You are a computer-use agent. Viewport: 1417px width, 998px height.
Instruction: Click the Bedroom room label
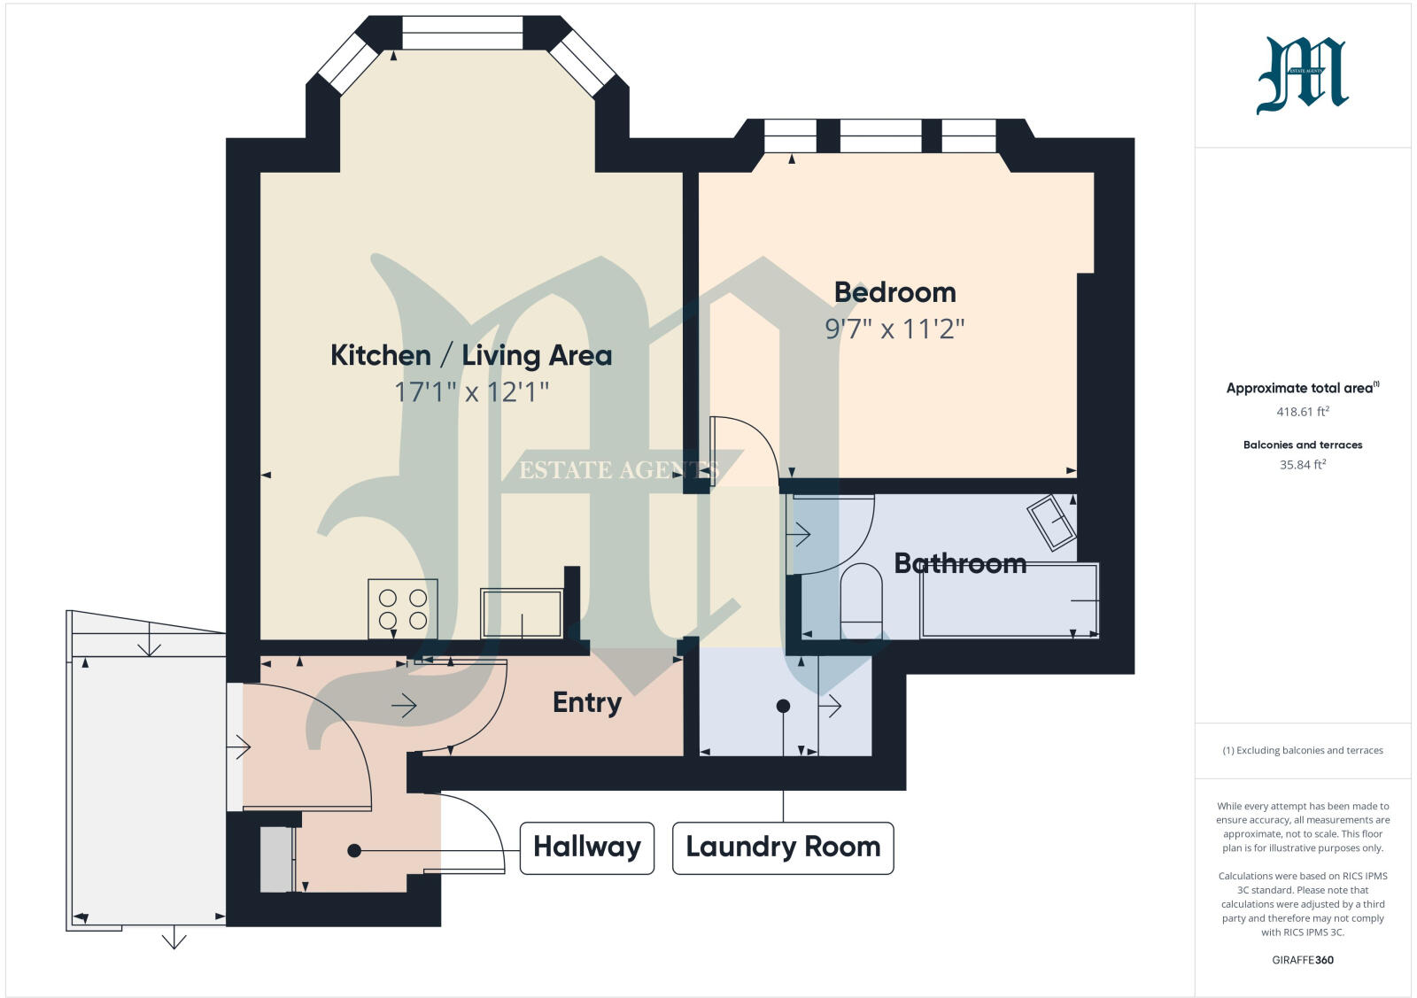894,292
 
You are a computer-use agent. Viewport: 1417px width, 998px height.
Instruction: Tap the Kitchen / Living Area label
471,355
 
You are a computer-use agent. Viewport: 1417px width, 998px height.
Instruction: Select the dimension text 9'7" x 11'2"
894,329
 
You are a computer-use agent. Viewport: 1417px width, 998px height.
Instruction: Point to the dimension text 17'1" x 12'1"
471,391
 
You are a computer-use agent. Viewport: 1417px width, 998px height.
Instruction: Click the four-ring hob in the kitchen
403,608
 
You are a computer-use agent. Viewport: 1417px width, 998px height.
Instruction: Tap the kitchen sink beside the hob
522,613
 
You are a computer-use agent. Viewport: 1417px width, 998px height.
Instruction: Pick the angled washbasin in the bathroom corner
1052,522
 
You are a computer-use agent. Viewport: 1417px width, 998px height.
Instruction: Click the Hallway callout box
586,847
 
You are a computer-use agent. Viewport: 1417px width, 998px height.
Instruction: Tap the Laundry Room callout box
783,847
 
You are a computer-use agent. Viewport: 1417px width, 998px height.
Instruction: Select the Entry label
586,702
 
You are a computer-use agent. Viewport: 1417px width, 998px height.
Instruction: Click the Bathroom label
960,563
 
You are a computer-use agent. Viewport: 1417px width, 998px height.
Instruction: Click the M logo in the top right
1302,75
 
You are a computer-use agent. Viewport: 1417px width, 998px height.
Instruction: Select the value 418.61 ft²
1302,412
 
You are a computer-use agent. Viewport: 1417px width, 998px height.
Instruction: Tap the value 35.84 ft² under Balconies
1302,464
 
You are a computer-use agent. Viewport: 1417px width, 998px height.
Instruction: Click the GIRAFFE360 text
1302,960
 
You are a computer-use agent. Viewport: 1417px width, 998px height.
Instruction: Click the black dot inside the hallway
354,851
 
